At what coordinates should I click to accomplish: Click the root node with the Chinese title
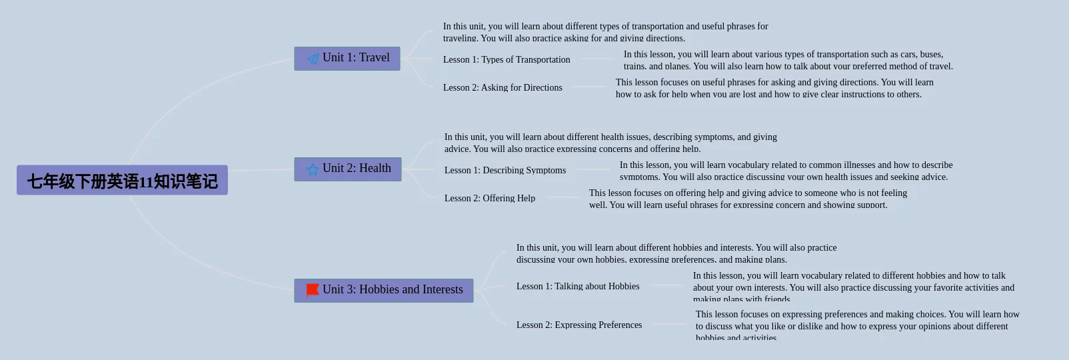point(122,180)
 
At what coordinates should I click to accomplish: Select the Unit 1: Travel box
point(347,59)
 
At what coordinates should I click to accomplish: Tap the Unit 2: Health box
point(348,169)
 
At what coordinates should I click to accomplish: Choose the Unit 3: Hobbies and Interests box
point(384,291)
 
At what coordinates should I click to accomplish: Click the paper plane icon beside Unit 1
point(313,59)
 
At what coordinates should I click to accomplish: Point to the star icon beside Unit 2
point(313,169)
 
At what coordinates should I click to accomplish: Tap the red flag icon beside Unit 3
point(313,290)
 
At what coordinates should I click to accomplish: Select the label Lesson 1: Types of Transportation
point(507,59)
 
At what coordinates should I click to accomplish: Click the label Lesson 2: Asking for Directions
point(503,87)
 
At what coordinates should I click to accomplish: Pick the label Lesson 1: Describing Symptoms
point(505,170)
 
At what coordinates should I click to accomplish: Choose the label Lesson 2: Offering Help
point(490,198)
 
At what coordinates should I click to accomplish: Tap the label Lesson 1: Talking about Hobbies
point(578,286)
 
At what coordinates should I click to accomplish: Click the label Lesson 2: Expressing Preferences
point(579,325)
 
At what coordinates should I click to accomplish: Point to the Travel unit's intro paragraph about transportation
point(605,32)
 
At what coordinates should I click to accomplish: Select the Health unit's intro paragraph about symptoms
point(610,143)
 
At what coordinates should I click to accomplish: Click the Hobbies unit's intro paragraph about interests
point(676,253)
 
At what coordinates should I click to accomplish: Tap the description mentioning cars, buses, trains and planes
point(788,60)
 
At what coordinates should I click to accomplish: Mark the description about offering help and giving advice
point(748,199)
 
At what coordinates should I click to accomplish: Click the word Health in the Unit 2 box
point(375,169)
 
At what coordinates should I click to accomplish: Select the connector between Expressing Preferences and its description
point(668,325)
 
